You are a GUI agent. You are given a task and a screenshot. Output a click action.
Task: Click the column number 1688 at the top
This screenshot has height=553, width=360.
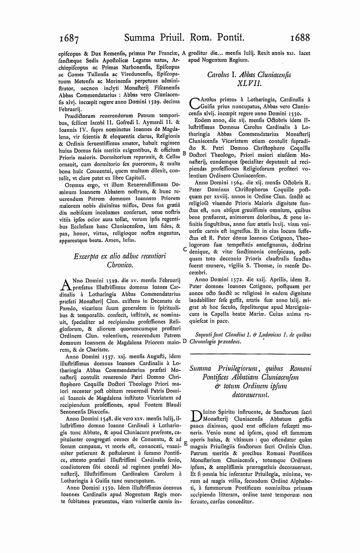coord(296,37)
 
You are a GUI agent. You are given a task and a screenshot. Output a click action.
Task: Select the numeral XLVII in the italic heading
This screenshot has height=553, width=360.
coord(250,83)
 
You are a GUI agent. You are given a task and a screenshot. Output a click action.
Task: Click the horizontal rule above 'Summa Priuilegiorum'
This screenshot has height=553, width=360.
coord(250,354)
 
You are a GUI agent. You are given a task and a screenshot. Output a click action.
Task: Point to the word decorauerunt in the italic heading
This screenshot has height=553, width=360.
coord(250,395)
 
